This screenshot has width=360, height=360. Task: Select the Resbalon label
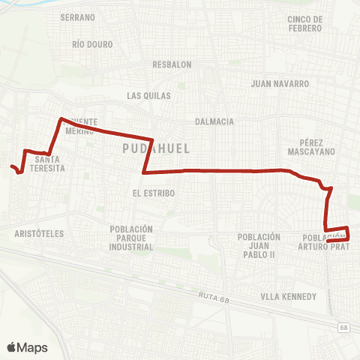point(172,64)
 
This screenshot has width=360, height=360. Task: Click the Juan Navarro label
point(280,84)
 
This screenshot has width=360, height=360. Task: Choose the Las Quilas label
point(149,96)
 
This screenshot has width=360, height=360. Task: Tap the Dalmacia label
point(214,121)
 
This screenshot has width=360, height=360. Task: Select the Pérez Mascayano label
point(310,146)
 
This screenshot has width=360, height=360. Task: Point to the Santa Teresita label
point(49,163)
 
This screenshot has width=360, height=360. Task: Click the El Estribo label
point(153,193)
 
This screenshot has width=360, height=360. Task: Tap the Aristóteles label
point(39,234)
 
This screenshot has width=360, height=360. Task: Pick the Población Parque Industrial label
point(130,238)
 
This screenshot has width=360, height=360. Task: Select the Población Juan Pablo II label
point(259,245)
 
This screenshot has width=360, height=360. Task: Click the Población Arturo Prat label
point(324,241)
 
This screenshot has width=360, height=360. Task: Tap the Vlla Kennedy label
point(289,297)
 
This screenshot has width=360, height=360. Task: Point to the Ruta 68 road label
point(214,297)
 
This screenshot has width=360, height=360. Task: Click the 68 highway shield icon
point(343,328)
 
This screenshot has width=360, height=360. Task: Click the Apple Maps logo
point(27,347)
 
